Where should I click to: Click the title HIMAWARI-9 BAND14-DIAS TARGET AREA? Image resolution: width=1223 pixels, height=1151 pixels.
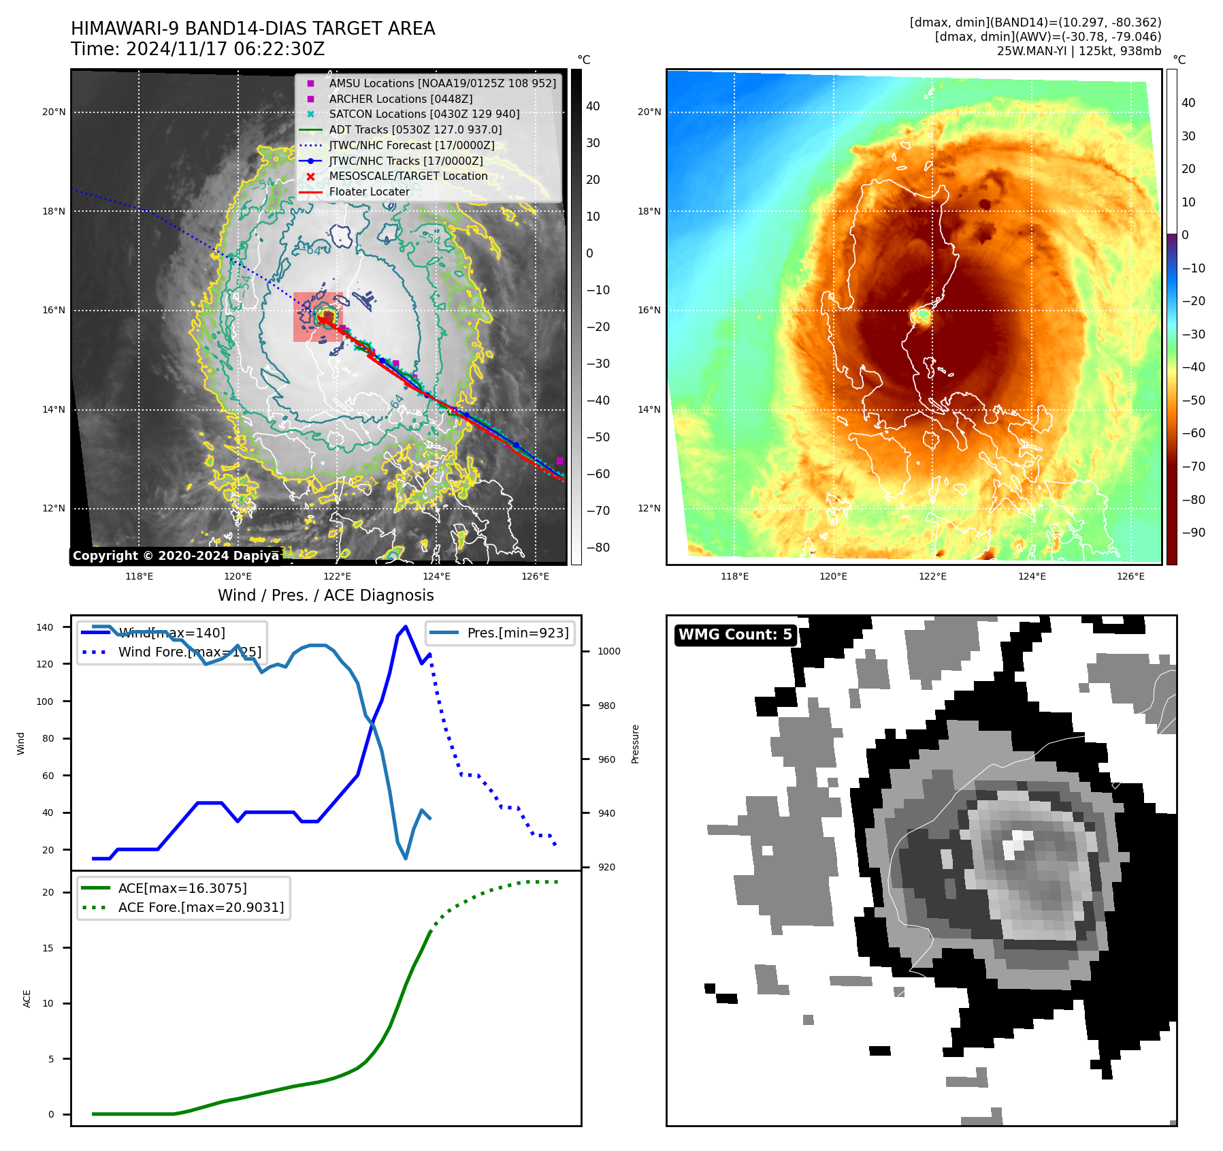click(252, 29)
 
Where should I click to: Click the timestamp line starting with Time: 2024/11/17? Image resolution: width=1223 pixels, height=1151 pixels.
click(197, 49)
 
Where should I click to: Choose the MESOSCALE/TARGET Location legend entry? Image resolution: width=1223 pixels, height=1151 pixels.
click(408, 176)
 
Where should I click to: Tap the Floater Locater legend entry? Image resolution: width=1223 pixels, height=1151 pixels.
click(370, 191)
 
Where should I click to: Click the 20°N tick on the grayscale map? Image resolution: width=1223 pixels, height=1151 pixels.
click(54, 112)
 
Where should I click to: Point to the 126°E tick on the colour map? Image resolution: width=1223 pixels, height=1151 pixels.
click(1130, 576)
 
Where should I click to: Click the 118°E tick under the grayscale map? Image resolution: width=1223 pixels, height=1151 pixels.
click(139, 576)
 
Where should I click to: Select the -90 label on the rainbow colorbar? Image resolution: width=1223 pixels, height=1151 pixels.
click(1193, 533)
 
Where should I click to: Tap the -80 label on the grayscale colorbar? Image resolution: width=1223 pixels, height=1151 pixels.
click(598, 548)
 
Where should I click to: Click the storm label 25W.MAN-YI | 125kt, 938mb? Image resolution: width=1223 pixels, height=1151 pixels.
click(1079, 51)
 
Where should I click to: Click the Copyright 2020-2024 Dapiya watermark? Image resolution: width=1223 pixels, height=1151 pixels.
click(176, 556)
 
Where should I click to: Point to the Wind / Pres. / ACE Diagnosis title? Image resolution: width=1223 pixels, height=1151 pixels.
click(325, 595)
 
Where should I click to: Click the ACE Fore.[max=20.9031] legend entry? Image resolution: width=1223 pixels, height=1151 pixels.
click(201, 907)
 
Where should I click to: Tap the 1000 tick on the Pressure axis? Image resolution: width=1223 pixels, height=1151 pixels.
click(608, 651)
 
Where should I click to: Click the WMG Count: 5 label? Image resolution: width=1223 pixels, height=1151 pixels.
click(735, 635)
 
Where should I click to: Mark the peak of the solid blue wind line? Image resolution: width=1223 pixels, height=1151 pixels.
click(406, 626)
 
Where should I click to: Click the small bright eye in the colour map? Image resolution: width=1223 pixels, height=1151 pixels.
click(923, 316)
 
